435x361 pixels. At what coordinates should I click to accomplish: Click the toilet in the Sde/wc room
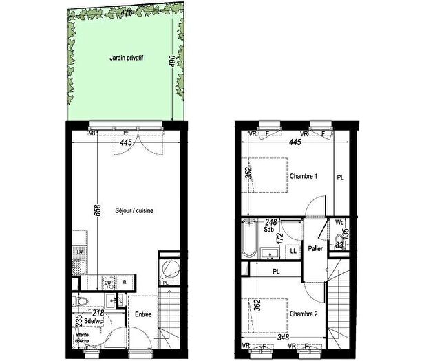click(x=81, y=301)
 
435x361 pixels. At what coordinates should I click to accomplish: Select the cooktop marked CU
click(x=108, y=282)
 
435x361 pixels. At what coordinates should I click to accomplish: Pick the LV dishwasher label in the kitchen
click(x=81, y=253)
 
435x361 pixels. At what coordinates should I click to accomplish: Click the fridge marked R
click(x=125, y=282)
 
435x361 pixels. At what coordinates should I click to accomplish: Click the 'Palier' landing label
click(x=316, y=248)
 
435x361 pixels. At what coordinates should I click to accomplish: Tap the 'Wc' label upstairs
click(x=339, y=222)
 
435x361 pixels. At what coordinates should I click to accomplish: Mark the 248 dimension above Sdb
click(x=273, y=221)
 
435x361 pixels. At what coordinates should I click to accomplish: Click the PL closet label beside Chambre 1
click(x=340, y=177)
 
